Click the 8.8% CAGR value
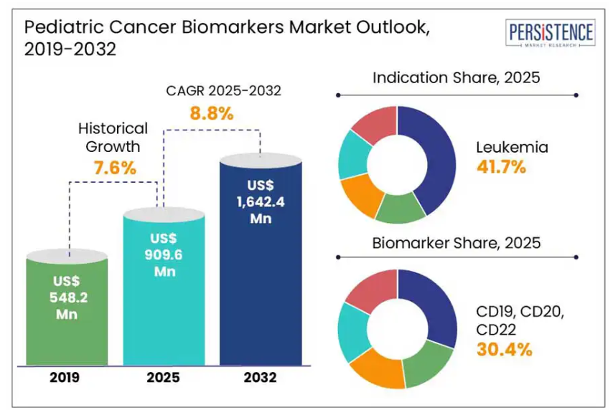[212, 113]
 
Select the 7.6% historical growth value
[115, 169]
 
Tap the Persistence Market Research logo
[551, 34]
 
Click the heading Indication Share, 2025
[456, 77]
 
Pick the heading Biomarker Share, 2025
[456, 242]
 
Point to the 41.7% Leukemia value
[502, 167]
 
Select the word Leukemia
[512, 148]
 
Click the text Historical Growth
[113, 138]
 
